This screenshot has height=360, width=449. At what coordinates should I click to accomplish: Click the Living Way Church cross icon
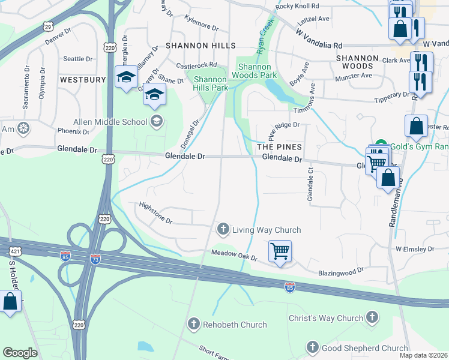223,229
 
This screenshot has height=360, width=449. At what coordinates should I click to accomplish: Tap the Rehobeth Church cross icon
193,325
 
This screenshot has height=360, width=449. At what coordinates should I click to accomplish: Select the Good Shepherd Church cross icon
312,347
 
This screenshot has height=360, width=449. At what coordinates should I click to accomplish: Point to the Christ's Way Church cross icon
372,318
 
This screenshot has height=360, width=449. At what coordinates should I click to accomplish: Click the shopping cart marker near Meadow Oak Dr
280,251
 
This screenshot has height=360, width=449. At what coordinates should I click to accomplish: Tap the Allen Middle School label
110,122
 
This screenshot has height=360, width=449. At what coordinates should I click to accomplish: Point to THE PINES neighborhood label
279,146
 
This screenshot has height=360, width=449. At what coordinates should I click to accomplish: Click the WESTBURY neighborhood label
83,79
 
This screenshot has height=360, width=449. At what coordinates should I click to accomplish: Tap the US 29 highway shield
48,27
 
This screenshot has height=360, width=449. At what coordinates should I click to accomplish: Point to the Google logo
20,352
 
